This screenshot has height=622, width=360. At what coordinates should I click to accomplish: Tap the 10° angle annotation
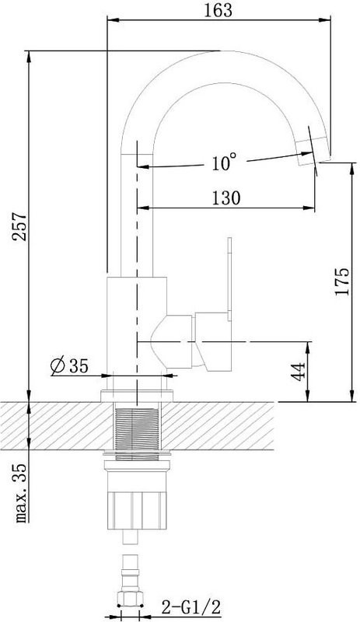point(222,162)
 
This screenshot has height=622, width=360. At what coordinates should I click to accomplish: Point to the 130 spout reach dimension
point(225,197)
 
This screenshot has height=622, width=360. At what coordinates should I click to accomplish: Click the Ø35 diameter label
point(68,365)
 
